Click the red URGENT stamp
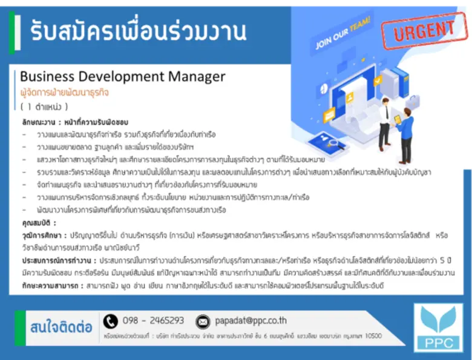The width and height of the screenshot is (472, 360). click(424, 30)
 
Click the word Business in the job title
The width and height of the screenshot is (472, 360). click(47, 77)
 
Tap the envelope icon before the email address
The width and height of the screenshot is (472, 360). click(204, 321)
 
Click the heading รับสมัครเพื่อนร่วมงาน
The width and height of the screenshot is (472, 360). click(130, 30)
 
